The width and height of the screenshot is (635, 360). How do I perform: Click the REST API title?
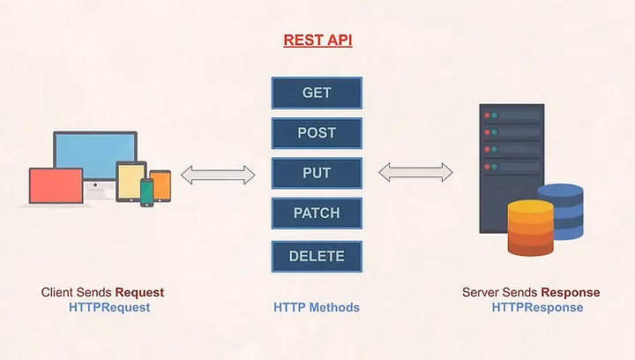point(317,41)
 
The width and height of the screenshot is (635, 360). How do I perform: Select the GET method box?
point(317,93)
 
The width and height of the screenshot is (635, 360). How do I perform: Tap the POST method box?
point(317,133)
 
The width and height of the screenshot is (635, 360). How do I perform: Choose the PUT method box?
point(317,173)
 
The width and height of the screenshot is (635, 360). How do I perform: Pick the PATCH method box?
point(317,214)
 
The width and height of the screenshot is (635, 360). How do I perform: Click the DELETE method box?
point(317,257)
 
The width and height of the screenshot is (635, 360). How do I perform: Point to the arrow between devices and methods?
point(218,175)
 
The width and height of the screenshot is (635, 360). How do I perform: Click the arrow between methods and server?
point(415,172)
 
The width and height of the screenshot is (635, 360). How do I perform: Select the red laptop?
point(56,186)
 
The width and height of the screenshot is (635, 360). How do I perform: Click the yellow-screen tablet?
point(131,180)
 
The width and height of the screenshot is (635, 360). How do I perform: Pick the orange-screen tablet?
point(161,185)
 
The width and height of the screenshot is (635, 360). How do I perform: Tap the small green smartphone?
point(146,191)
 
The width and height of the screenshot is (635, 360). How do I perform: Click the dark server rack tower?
point(511,168)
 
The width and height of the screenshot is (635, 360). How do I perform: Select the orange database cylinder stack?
point(530,228)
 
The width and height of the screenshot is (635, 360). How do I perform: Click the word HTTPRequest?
point(109,308)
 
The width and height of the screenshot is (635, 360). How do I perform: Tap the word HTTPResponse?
point(537,308)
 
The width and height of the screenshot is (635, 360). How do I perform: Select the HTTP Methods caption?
point(317,308)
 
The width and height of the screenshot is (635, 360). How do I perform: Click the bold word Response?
point(571,292)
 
